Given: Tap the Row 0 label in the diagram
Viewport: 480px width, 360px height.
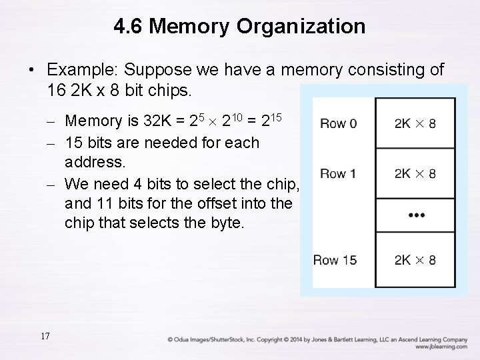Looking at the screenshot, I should pos(338,123).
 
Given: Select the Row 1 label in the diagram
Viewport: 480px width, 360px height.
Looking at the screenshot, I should pos(338,173).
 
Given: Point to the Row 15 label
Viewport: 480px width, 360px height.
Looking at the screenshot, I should pos(335,260).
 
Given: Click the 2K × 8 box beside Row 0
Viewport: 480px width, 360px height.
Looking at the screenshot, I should pos(415,123).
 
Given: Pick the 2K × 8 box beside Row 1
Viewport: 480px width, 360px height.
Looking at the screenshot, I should pos(415,173).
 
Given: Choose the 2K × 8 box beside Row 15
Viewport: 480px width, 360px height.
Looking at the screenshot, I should pos(415,260).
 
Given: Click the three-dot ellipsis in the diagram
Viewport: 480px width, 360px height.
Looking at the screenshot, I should pos(415,215).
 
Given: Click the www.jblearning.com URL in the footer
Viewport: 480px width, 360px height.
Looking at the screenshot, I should pos(440,347).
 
